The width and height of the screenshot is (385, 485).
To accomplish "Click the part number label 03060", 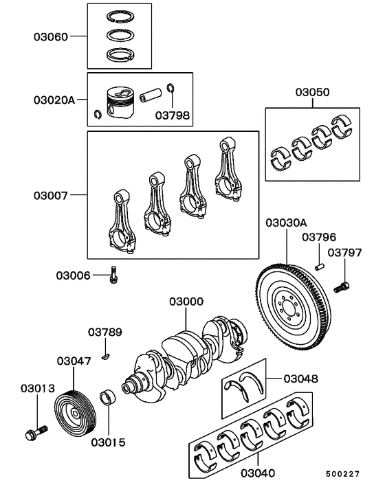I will (x=51, y=36).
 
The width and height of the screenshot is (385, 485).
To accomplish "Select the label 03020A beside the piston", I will (x=54, y=100).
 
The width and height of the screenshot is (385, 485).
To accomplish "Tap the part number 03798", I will (x=172, y=115).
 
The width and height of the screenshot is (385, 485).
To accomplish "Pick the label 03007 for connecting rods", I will (x=51, y=195).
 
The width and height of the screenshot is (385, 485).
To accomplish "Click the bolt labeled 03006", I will (x=113, y=276).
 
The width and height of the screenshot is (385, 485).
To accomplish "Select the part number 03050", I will (x=312, y=91).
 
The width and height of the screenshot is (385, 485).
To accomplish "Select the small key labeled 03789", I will (x=105, y=355).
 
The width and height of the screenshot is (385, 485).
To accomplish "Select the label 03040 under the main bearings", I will (x=258, y=473).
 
